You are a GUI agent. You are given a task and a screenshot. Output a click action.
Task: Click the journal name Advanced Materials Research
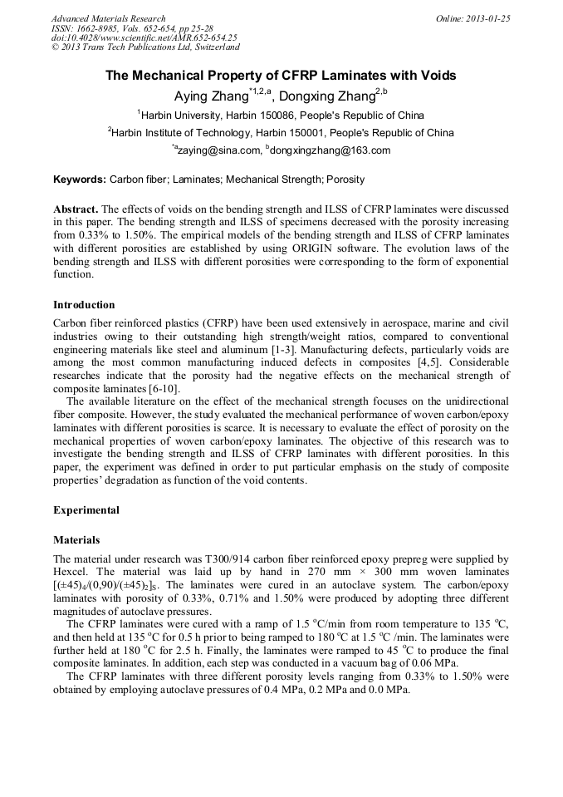(x=108, y=18)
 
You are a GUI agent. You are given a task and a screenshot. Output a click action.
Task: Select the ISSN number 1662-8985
(x=101, y=28)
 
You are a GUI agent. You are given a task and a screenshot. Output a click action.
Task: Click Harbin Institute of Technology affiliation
(x=208, y=132)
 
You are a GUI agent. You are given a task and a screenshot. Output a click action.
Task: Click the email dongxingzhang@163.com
(x=330, y=150)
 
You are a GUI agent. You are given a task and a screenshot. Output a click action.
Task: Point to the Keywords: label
(x=80, y=179)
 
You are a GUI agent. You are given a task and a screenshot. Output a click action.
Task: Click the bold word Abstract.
(x=76, y=209)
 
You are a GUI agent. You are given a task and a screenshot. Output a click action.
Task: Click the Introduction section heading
(x=84, y=305)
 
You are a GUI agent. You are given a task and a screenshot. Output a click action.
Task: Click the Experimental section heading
(x=86, y=509)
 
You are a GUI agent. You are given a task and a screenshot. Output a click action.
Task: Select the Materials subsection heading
(x=76, y=539)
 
